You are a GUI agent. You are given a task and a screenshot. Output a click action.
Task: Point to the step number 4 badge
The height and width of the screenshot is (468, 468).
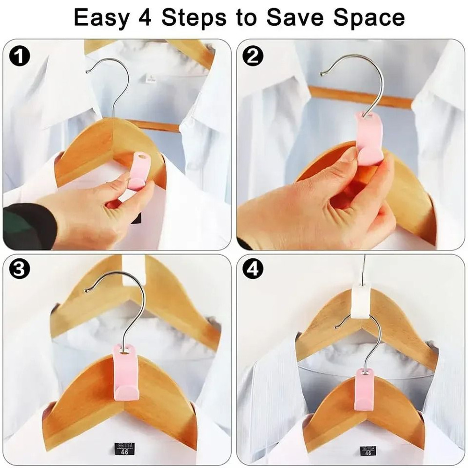point(253,270)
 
